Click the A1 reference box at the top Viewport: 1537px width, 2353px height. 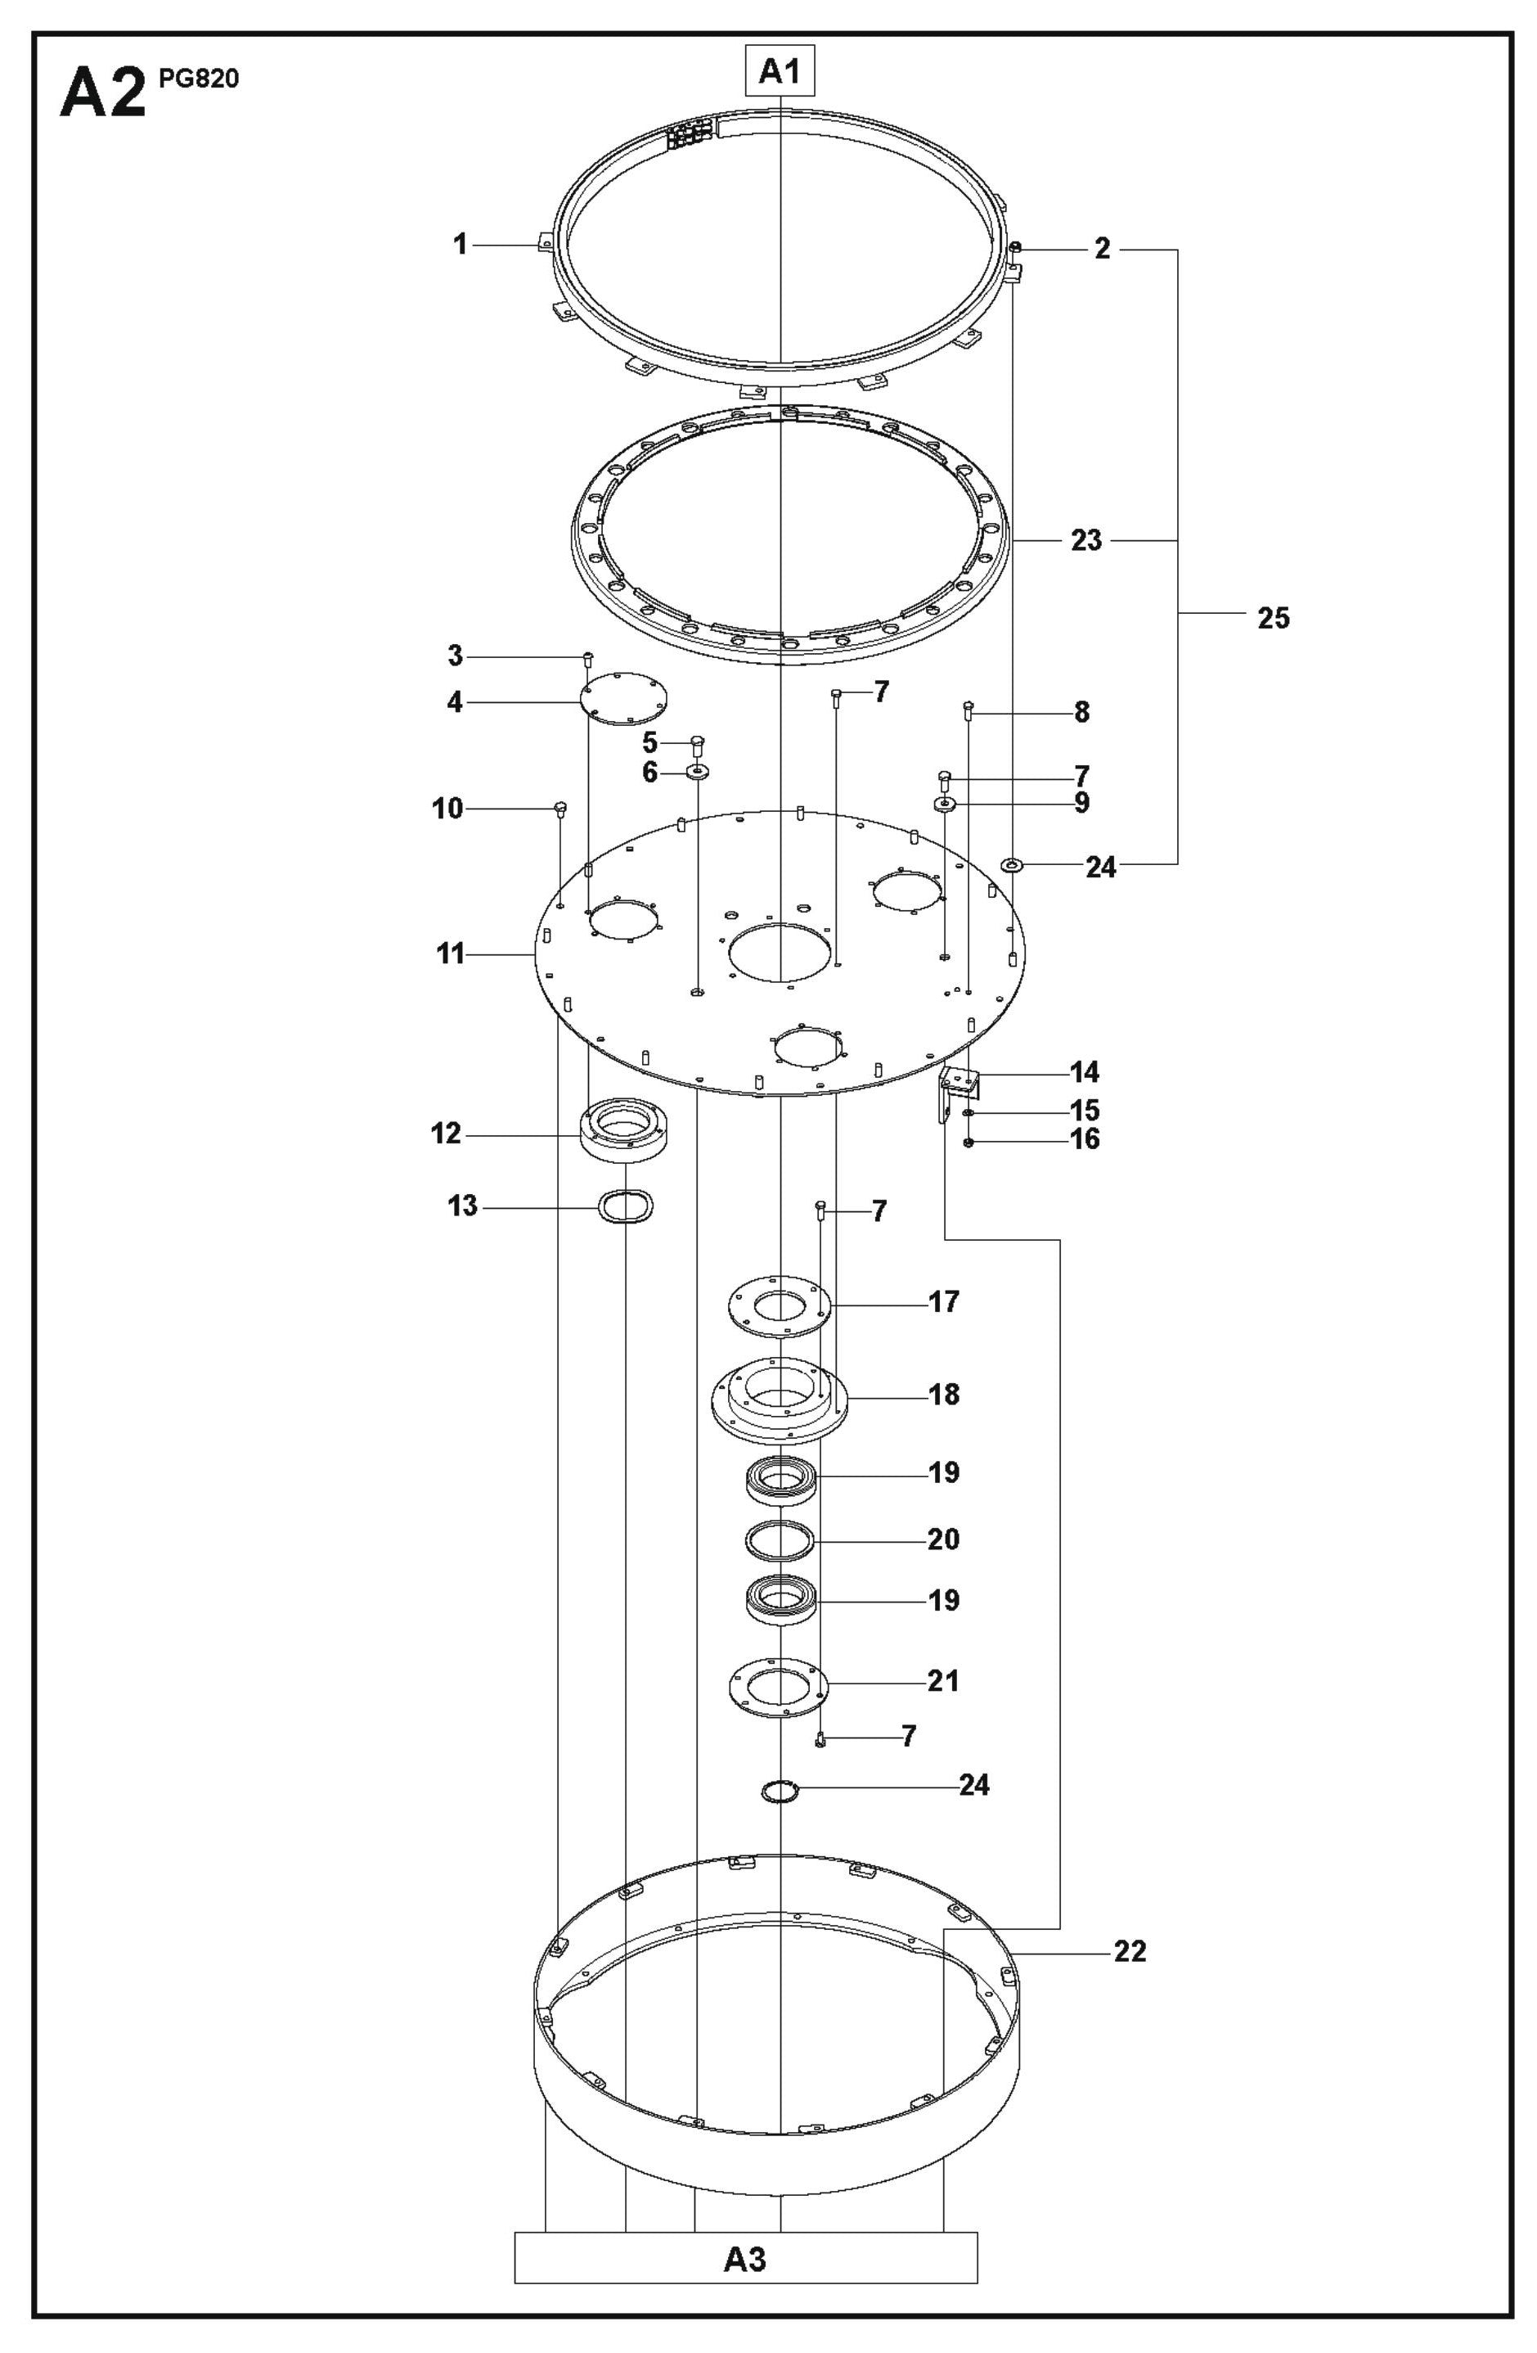[x=779, y=72]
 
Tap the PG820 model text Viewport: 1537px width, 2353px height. [x=198, y=79]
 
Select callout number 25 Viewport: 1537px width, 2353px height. [x=1273, y=618]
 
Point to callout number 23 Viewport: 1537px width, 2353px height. [x=1086, y=541]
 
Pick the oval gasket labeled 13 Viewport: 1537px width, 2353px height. [x=626, y=1207]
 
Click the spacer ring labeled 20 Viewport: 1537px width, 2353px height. [x=779, y=1539]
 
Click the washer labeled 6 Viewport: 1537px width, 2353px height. [x=698, y=770]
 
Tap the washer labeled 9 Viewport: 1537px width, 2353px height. [x=944, y=804]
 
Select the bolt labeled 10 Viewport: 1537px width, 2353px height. [x=560, y=809]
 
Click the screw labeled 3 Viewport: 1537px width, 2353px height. [x=588, y=656]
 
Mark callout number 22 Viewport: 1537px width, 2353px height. [x=1130, y=1950]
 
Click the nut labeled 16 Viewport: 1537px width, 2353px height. [x=968, y=1143]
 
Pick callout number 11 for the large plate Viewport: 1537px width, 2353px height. [x=451, y=954]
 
